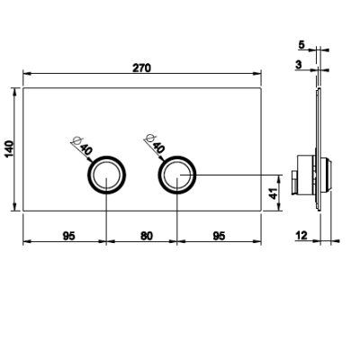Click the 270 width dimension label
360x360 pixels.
pyautogui.click(x=141, y=68)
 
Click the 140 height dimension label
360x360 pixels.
pyautogui.click(x=9, y=148)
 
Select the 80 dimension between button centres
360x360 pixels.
pyautogui.click(x=147, y=236)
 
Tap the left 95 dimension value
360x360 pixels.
pyautogui.click(x=68, y=236)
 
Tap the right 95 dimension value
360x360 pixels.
pyautogui.click(x=219, y=236)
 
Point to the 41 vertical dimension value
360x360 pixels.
pyautogui.click(x=274, y=193)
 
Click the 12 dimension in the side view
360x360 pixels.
pyautogui.click(x=301, y=236)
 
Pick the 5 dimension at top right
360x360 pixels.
pyautogui.click(x=301, y=45)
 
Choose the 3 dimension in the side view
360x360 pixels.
pyautogui.click(x=298, y=65)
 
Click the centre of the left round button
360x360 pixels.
pyautogui.click(x=106, y=175)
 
